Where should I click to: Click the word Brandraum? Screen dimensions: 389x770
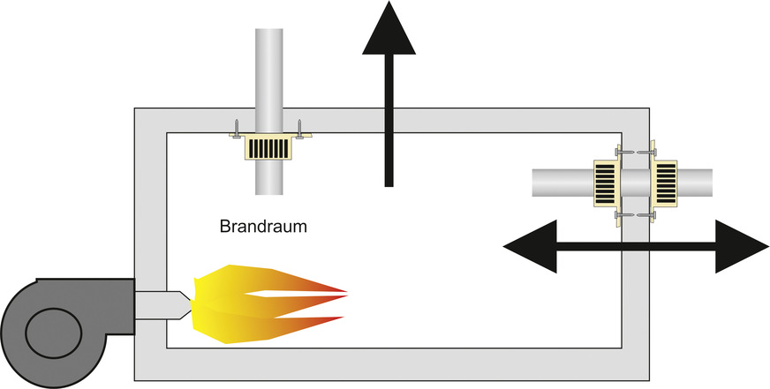click(262, 227)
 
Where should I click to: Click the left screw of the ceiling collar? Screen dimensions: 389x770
click(236, 128)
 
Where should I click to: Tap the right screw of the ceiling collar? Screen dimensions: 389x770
click(300, 128)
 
